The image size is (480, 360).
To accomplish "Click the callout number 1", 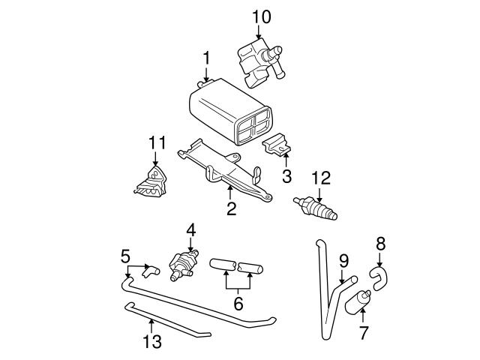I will point(205,57).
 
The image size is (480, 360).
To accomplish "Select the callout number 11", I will point(155,142).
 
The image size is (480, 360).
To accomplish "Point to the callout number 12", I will point(320,178).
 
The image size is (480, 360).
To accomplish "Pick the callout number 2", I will point(231,209).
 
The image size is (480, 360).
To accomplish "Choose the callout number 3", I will point(286,177).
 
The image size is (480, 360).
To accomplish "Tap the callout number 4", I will point(190,228).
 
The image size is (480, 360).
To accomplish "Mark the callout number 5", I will point(125,256).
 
